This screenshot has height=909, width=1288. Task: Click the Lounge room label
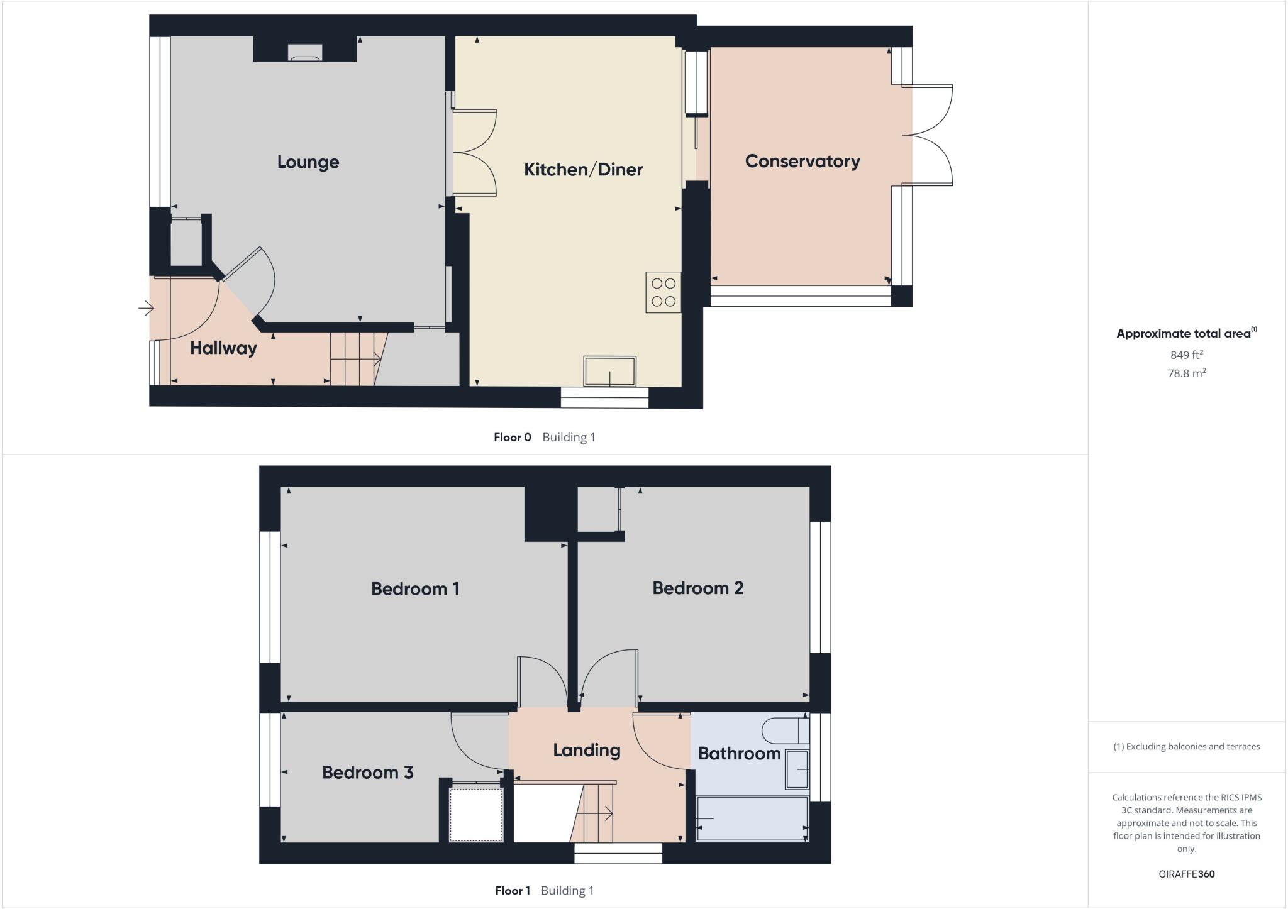(x=308, y=162)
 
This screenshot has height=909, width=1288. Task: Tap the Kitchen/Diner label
(x=583, y=170)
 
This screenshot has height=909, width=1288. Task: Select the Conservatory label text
(x=802, y=162)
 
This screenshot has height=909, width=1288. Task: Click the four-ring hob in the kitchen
(x=663, y=292)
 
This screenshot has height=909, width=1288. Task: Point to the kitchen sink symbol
(x=609, y=371)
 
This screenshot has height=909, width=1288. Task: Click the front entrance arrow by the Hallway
(x=146, y=308)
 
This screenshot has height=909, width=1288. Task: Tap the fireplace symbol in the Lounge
(x=305, y=53)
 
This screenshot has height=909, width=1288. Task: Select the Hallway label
(x=223, y=348)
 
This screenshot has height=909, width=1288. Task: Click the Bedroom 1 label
(x=415, y=589)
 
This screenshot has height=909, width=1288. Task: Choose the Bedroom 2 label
(x=697, y=588)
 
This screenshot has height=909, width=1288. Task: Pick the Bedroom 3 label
(x=367, y=773)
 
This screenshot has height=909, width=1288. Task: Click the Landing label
(x=586, y=750)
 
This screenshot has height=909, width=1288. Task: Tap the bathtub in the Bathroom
(x=752, y=818)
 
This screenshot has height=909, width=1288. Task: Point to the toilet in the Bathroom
(x=784, y=731)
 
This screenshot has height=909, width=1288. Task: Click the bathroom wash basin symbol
(x=796, y=769)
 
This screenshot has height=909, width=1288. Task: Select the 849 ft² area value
(x=1186, y=355)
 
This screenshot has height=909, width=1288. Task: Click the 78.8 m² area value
(x=1186, y=373)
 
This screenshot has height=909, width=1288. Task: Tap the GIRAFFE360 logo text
(x=1186, y=874)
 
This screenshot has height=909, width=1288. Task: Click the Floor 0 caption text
(x=513, y=438)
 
